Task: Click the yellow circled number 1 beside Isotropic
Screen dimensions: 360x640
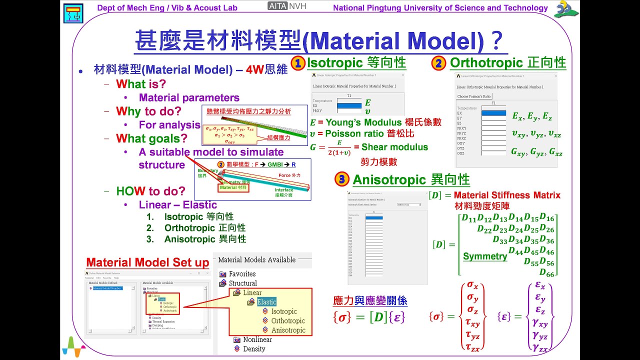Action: pyautogui.click(x=298, y=63)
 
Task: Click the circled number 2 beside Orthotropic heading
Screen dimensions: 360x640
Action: pyautogui.click(x=438, y=63)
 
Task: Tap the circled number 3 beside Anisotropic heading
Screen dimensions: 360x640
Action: pyautogui.click(x=341, y=179)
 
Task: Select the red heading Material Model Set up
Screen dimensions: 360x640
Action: pyautogui.click(x=147, y=262)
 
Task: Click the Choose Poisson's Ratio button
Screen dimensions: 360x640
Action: pyautogui.click(x=474, y=96)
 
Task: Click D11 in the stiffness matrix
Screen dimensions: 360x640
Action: pyautogui.click(x=469, y=218)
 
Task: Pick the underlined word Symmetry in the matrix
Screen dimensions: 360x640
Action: pyautogui.click(x=485, y=256)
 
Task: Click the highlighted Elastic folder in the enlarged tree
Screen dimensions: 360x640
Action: pyautogui.click(x=266, y=301)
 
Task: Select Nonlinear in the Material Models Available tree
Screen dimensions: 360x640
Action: pyautogui.click(x=257, y=339)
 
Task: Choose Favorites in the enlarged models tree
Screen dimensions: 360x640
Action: pyautogui.click(x=242, y=273)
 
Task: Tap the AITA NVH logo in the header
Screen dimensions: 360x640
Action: pyautogui.click(x=287, y=6)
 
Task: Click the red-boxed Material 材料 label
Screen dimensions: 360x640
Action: pyautogui.click(x=233, y=188)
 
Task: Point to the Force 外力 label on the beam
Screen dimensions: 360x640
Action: pyautogui.click(x=289, y=175)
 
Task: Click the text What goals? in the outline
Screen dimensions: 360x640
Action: pyautogui.click(x=151, y=138)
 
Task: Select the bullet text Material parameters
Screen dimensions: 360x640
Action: pyautogui.click(x=189, y=98)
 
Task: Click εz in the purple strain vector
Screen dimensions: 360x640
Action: pyautogui.click(x=540, y=311)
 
